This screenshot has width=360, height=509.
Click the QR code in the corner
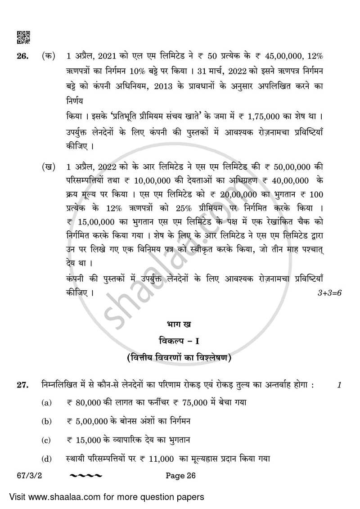(23, 37)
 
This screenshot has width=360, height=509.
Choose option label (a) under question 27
(46, 403)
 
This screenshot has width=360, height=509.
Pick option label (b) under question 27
(46, 421)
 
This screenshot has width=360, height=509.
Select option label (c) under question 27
(46, 440)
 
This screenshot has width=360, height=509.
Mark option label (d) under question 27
(46, 458)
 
